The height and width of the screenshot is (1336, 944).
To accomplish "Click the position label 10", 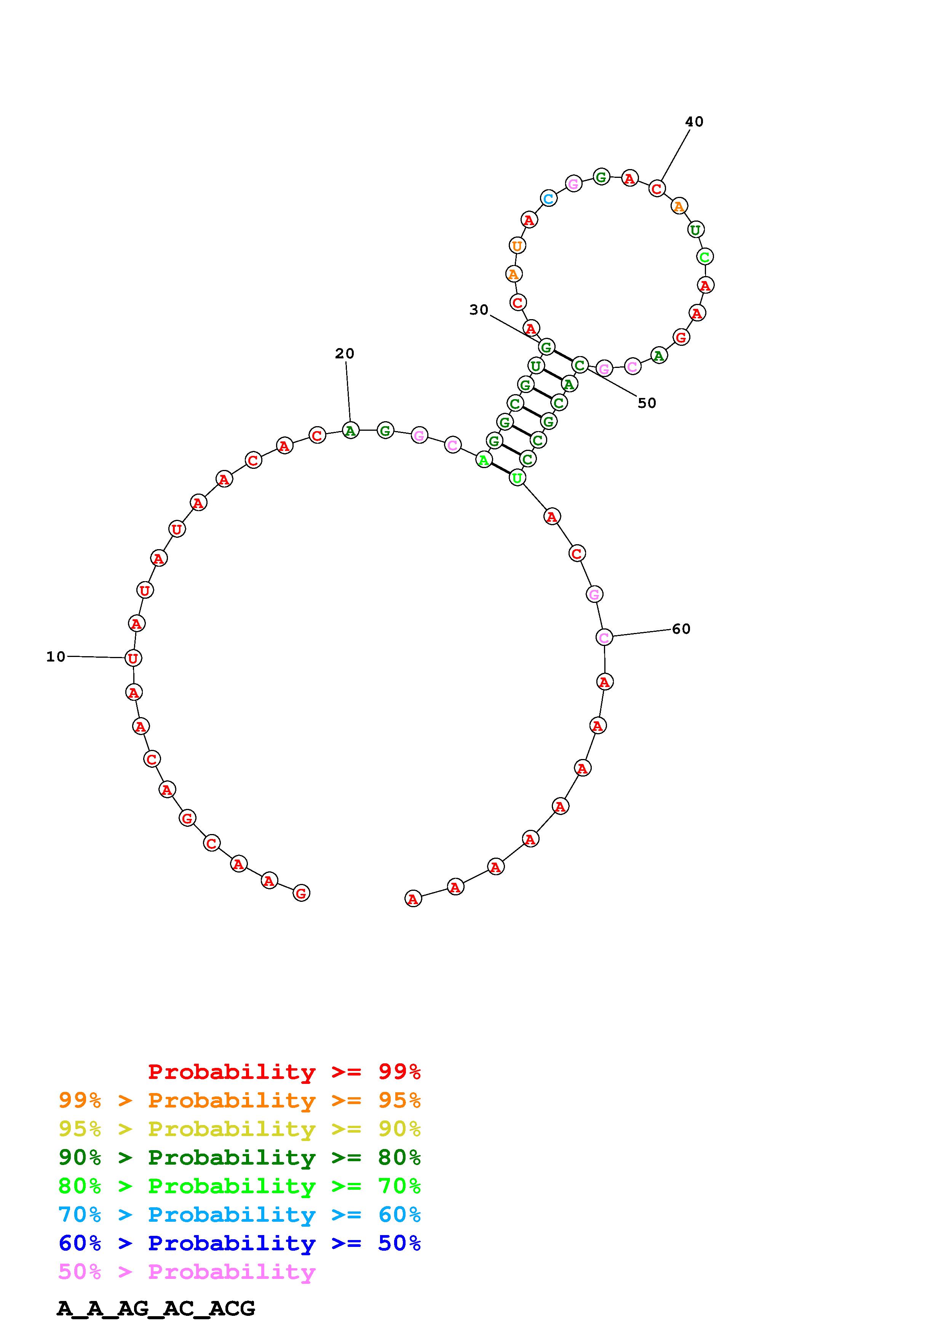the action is [56, 656].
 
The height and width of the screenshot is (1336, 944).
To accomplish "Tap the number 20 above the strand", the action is [344, 353].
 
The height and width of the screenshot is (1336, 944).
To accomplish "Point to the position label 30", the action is [479, 310].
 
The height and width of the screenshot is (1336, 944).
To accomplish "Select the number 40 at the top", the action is [694, 121].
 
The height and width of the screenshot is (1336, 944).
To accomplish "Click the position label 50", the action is [647, 403].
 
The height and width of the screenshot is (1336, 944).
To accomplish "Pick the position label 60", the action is [681, 628].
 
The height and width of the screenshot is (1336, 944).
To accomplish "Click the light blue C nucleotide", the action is [548, 198].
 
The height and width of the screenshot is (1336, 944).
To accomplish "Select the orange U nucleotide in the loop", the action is [516, 246].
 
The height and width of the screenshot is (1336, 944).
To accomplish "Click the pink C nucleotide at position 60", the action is [604, 637].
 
